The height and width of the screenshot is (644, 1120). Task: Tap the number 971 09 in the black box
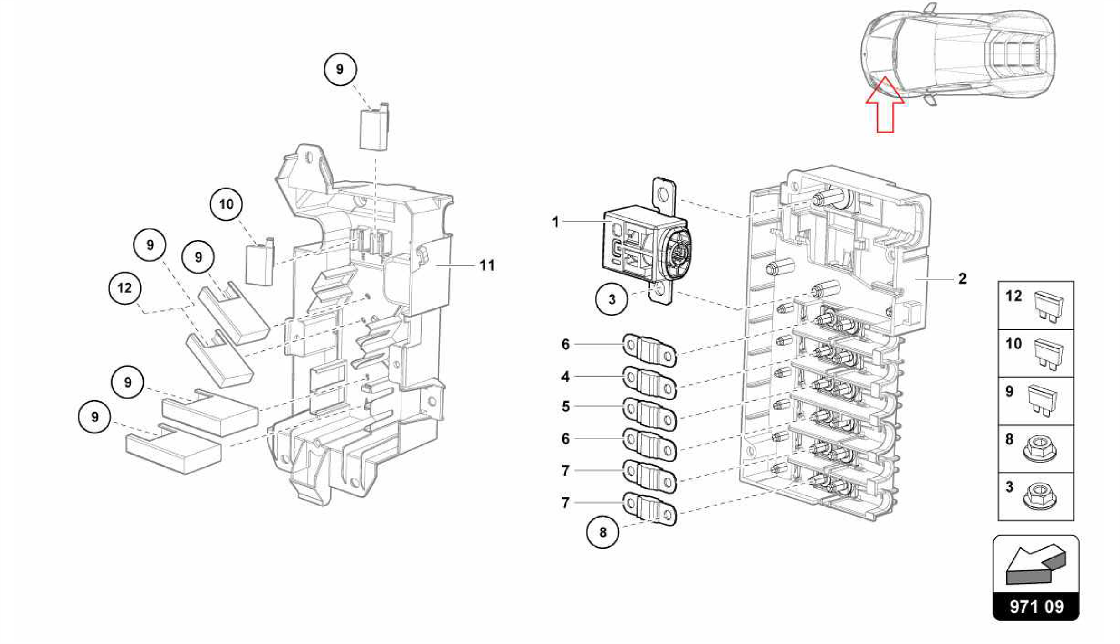(1036, 606)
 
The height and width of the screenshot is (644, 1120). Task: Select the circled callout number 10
(226, 204)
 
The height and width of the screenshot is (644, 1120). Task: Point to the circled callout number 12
(125, 288)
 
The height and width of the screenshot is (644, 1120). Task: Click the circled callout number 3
(612, 299)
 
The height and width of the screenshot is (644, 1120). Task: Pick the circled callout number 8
(603, 532)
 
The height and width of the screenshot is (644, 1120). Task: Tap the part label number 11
(487, 266)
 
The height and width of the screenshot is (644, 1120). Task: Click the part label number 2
(962, 279)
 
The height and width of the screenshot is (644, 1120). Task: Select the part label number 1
(556, 222)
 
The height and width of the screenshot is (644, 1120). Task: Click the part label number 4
(565, 377)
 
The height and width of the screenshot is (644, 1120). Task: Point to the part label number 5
(565, 407)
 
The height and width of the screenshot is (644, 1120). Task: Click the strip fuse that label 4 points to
(650, 382)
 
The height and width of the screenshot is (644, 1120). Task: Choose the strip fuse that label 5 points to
(650, 414)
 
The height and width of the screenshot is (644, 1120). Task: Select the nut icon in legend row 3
(1039, 497)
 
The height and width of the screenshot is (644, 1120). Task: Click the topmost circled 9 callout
(340, 69)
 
